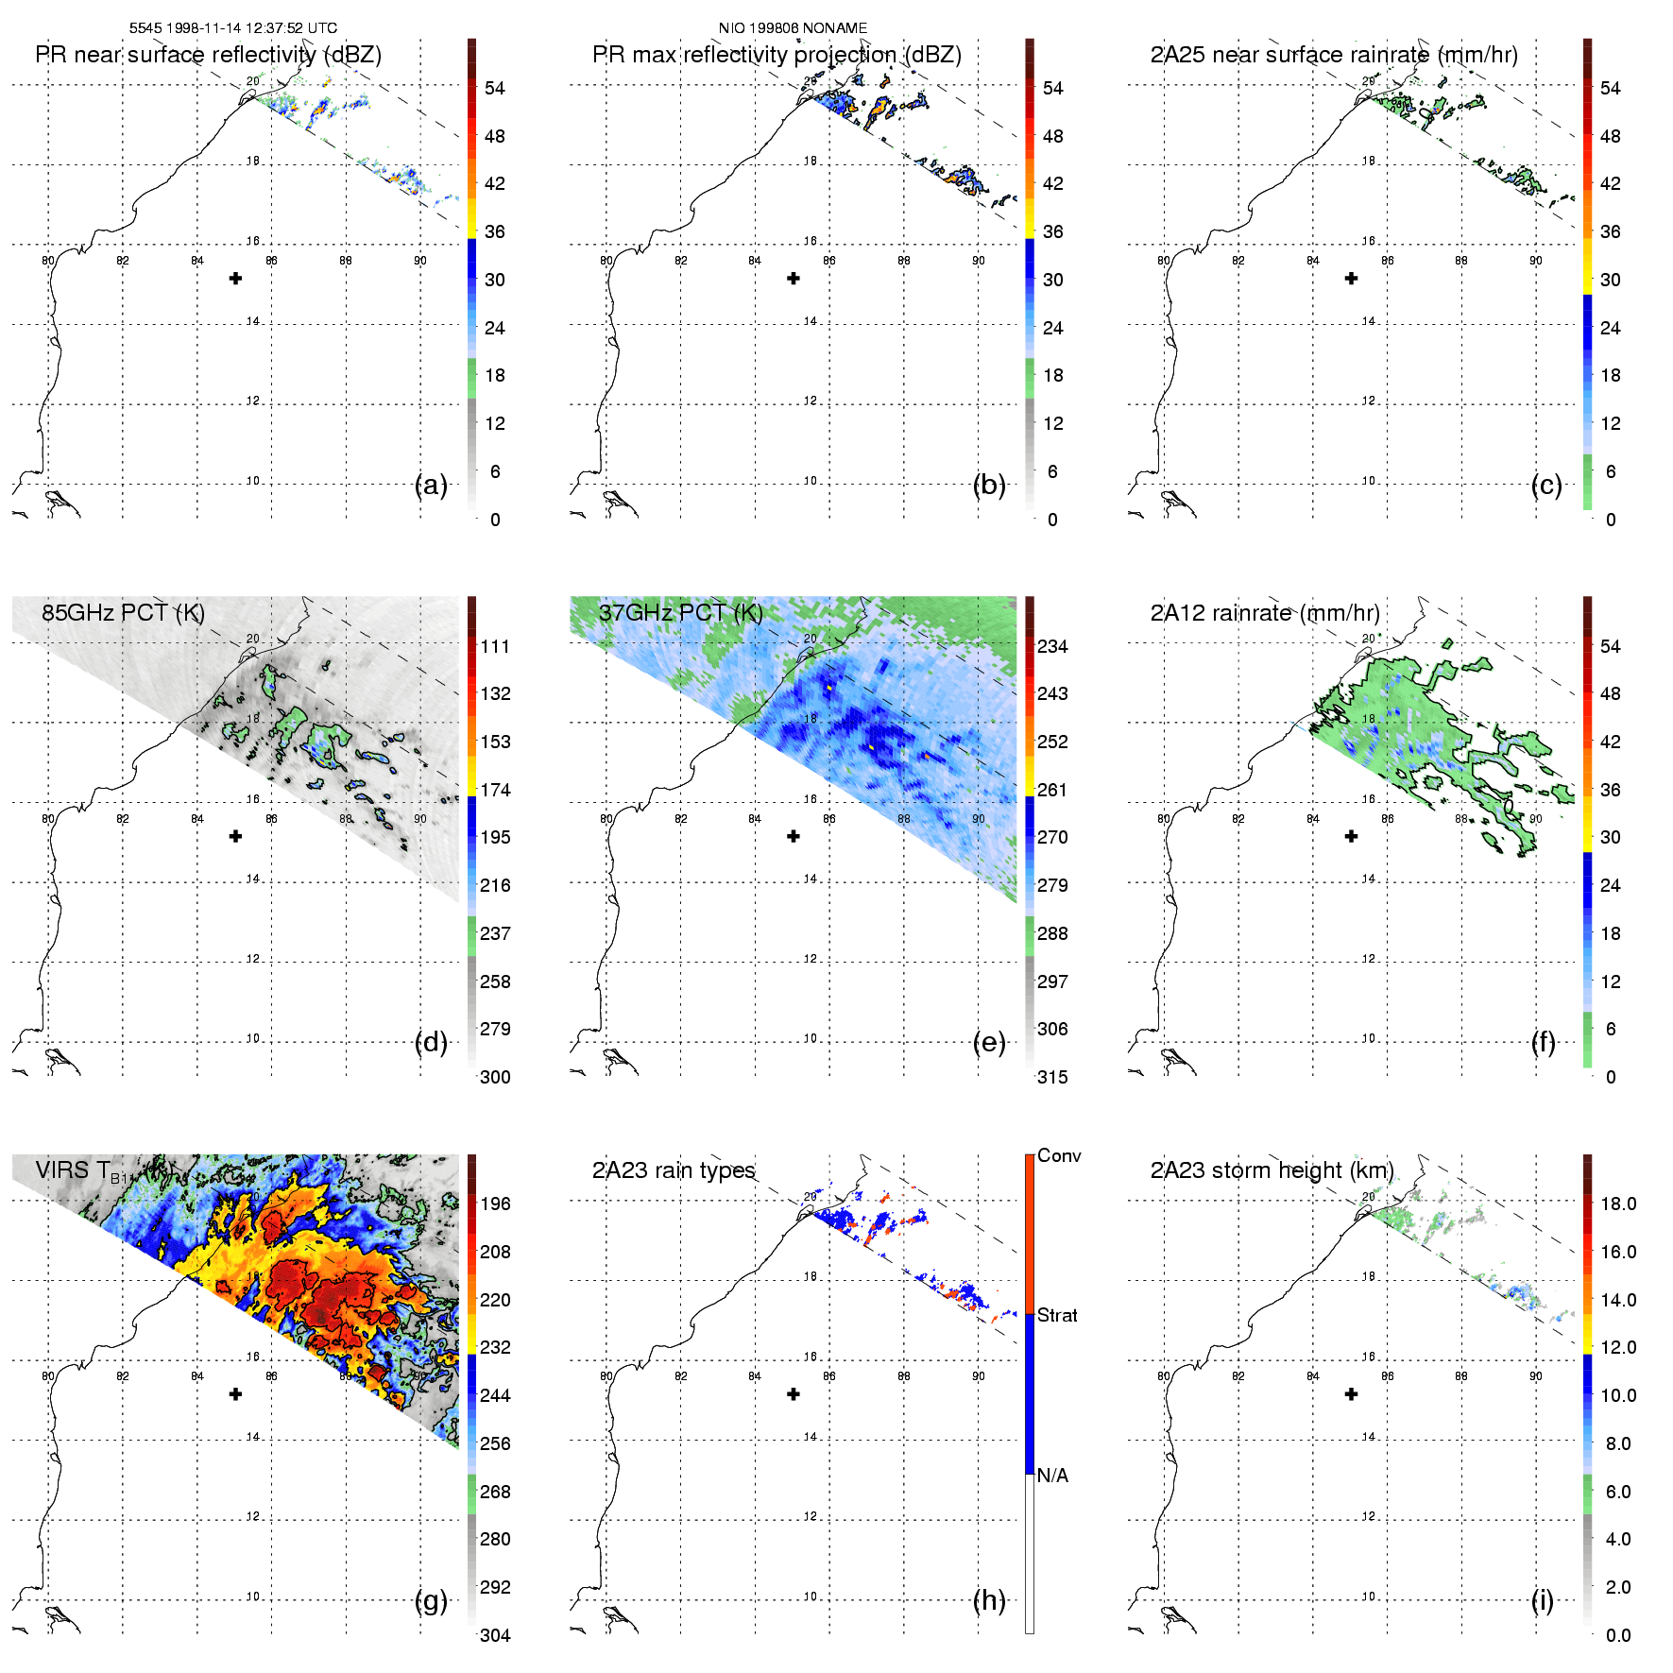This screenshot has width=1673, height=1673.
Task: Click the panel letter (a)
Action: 431,486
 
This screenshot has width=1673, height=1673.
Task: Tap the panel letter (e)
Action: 989,1043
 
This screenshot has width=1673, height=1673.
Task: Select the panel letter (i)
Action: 1543,1601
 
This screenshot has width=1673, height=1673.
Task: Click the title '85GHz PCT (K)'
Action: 123,613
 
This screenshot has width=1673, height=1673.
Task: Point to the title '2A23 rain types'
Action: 674,1170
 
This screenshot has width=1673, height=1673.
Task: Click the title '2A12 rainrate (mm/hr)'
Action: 1265,613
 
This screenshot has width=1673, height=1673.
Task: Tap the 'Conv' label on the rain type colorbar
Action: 1059,1156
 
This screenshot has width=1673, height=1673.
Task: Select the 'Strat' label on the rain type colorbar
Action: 1057,1316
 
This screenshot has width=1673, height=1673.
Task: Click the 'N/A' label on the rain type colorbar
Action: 1052,1476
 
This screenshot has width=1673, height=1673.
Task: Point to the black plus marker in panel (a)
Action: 235,278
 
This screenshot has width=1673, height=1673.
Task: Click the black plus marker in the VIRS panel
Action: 235,1393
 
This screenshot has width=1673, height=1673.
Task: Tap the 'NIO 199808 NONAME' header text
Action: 793,28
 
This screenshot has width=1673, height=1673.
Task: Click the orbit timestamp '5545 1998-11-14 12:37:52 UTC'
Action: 233,28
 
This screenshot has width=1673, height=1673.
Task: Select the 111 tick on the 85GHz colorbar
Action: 495,647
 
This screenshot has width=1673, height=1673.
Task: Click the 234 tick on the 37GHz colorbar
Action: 1052,647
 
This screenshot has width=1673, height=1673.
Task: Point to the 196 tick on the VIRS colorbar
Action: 495,1204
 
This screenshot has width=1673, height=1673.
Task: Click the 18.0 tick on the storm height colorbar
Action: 1618,1204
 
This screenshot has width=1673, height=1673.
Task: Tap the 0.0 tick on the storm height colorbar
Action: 1618,1636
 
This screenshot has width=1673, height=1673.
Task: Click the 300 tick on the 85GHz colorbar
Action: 495,1078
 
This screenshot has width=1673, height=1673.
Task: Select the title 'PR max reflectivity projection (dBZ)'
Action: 777,55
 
